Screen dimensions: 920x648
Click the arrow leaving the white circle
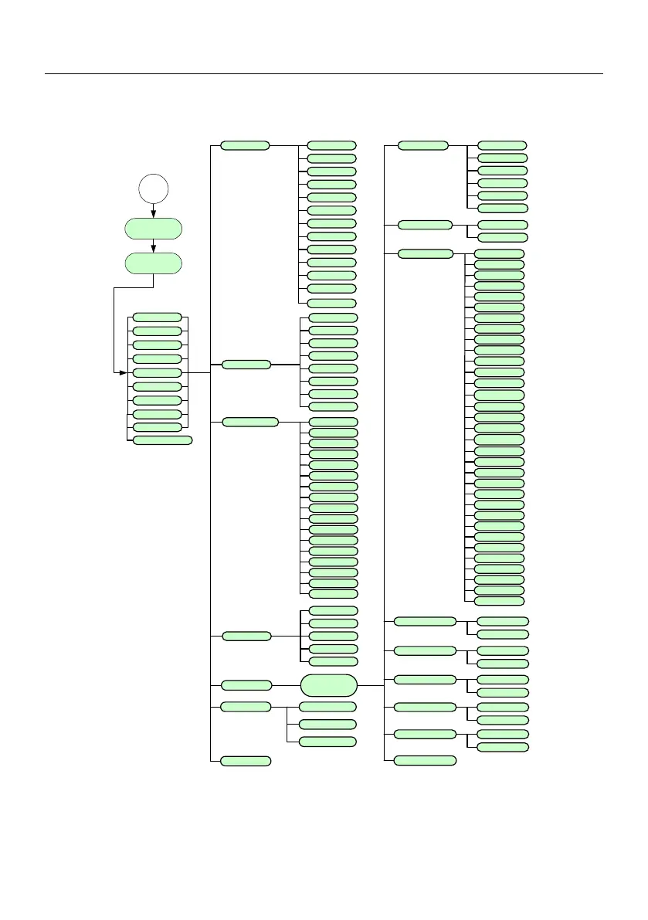(x=154, y=211)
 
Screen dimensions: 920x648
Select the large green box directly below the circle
(x=154, y=229)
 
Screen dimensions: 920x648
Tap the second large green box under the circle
(x=154, y=263)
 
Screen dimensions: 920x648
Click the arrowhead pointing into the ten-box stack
(x=121, y=372)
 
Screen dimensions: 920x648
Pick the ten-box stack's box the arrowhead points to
(x=157, y=372)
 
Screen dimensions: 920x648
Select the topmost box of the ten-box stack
(x=157, y=317)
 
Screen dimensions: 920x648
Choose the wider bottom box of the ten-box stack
(x=162, y=440)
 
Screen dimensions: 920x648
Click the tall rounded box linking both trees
(x=329, y=685)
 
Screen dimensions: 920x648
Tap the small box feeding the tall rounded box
(x=246, y=685)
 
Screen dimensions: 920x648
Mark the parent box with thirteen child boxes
(x=245, y=145)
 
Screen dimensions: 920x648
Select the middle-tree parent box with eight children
(x=246, y=365)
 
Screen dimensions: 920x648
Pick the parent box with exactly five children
(x=246, y=636)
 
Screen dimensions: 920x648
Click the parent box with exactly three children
(x=246, y=707)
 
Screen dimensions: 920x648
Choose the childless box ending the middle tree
(x=246, y=761)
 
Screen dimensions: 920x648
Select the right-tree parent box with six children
(x=422, y=145)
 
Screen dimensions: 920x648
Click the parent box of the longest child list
(x=425, y=253)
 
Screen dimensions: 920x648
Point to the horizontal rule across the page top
(x=324, y=75)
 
